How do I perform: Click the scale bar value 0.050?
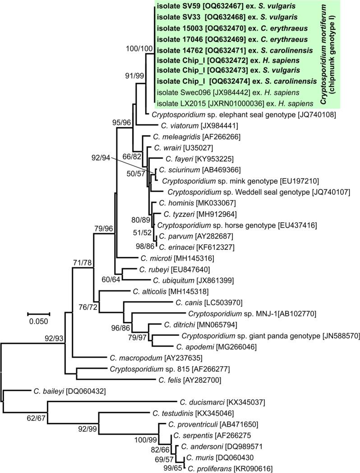click(38, 321)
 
